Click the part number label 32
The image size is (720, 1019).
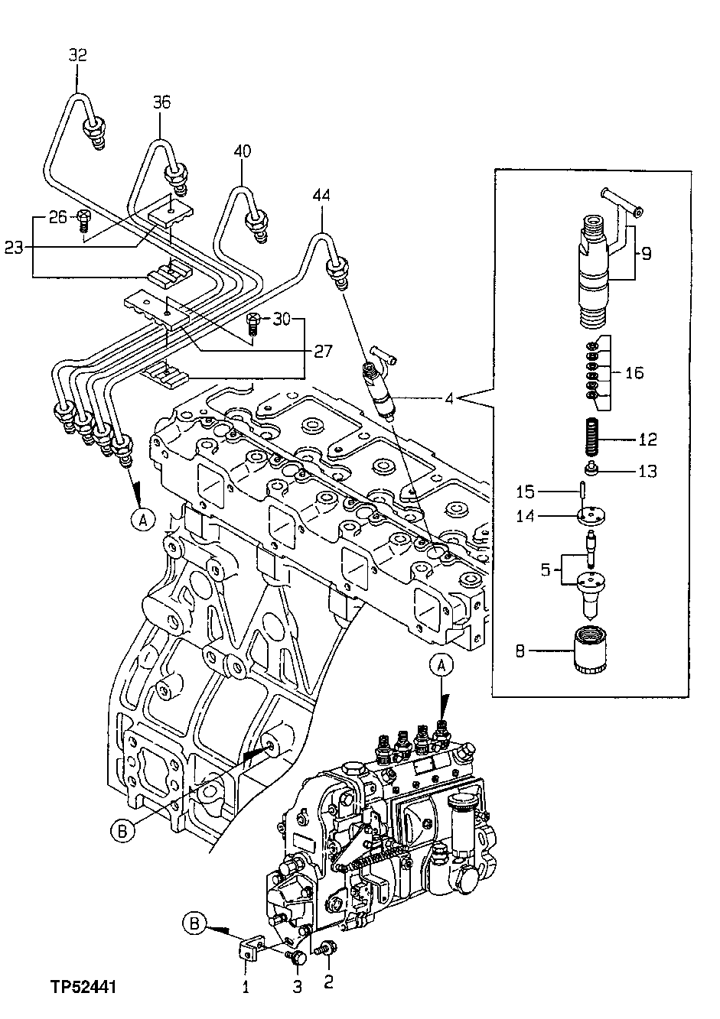point(77,55)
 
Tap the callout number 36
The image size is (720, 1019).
point(161,102)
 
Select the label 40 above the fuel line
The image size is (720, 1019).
point(242,151)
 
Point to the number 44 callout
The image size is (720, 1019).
point(321,196)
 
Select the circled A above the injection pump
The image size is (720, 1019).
point(441,666)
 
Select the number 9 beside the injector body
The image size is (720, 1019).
point(646,253)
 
